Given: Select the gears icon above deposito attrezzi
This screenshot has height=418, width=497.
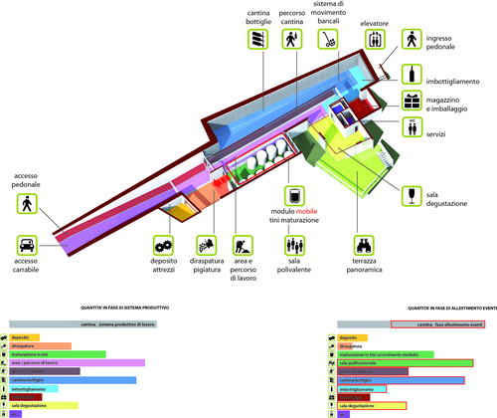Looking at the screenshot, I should click(164, 244).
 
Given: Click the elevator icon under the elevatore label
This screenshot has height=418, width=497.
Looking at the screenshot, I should click(373, 41).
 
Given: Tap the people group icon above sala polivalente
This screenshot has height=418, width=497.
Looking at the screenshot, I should click(292, 243).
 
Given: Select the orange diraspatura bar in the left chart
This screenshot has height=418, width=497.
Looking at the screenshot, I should click(39, 346).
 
